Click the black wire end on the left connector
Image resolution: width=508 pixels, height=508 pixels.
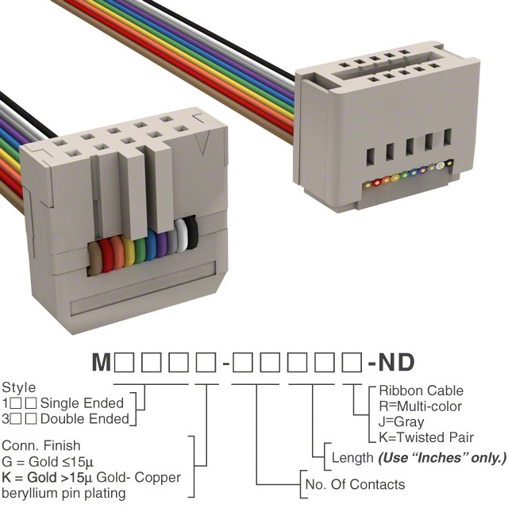192,233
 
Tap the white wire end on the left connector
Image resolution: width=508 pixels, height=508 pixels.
182,236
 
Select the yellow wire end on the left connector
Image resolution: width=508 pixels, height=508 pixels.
128,251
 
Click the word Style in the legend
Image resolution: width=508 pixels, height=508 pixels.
18,388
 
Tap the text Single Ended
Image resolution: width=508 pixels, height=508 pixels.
82,403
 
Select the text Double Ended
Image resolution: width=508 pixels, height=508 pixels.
85,419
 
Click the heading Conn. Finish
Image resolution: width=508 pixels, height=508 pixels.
40,445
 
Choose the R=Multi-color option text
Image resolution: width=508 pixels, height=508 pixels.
420,406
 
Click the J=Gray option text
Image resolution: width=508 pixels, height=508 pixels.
401,421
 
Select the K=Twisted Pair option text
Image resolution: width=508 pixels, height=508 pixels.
426,437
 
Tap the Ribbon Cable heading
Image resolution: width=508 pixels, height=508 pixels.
421,391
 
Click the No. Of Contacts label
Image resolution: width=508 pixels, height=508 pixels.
355,484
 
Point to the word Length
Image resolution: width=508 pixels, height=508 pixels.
352,458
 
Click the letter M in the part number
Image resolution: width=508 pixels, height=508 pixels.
102,362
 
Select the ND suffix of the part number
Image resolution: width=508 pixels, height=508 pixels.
396,362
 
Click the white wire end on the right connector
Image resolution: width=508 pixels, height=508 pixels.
440,165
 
